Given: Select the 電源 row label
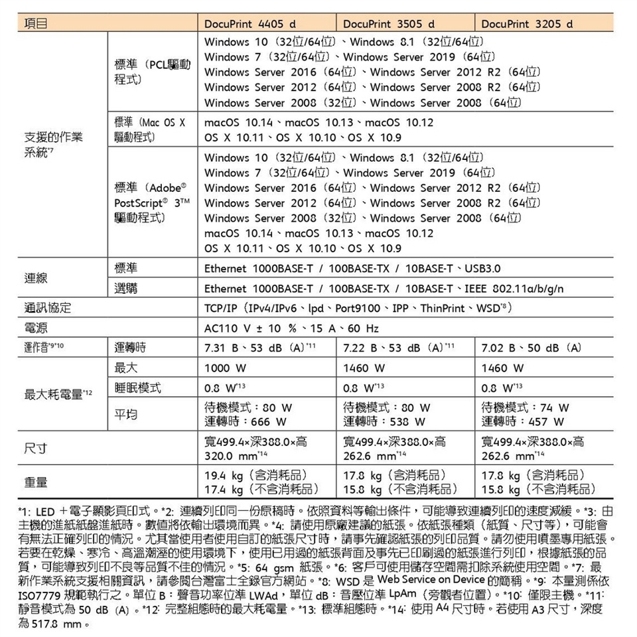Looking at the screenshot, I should coord(36,328).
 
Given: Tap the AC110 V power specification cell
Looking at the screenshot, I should coord(292,328).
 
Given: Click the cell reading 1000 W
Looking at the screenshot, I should coord(227,367).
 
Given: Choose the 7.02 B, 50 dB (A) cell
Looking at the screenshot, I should coord(533,348).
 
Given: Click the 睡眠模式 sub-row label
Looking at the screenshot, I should coord(138,387).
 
